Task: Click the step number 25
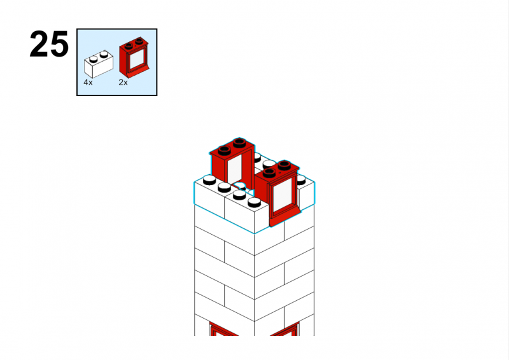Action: tap(49, 44)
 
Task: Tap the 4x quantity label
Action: tap(88, 83)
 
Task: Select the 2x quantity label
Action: tap(123, 83)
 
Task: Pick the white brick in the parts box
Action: tap(99, 64)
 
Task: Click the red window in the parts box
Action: tap(134, 57)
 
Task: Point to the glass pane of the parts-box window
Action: tap(137, 59)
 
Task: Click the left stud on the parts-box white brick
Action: tap(94, 59)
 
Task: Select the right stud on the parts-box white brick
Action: tap(104, 54)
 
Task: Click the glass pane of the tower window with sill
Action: tap(282, 195)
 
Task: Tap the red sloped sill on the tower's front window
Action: tap(284, 217)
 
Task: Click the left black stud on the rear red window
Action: tap(225, 150)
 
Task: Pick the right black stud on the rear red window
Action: tap(240, 142)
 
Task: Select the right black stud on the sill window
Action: tap(284, 165)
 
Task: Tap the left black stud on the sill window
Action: tap(269, 173)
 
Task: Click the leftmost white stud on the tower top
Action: tap(209, 179)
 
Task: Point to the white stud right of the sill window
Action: tap(301, 180)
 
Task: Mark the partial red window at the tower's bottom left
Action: tap(224, 329)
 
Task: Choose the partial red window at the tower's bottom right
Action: tap(285, 329)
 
